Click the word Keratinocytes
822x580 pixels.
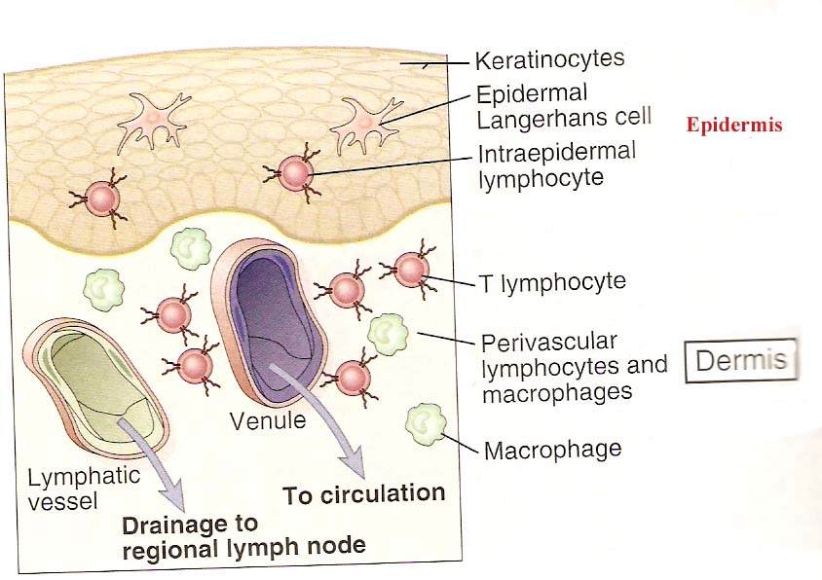pos(549,61)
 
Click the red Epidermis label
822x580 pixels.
pos(733,126)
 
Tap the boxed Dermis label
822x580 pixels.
pos(741,361)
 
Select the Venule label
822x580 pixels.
pos(268,422)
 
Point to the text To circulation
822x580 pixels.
pos(363,494)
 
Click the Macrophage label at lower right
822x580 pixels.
pos(552,450)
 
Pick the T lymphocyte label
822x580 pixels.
pos(552,283)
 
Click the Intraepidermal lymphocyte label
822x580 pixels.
pos(555,165)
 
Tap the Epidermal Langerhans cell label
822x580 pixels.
pos(545,106)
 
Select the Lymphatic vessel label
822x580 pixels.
pos(84,489)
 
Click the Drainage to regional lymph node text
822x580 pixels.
pos(243,535)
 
